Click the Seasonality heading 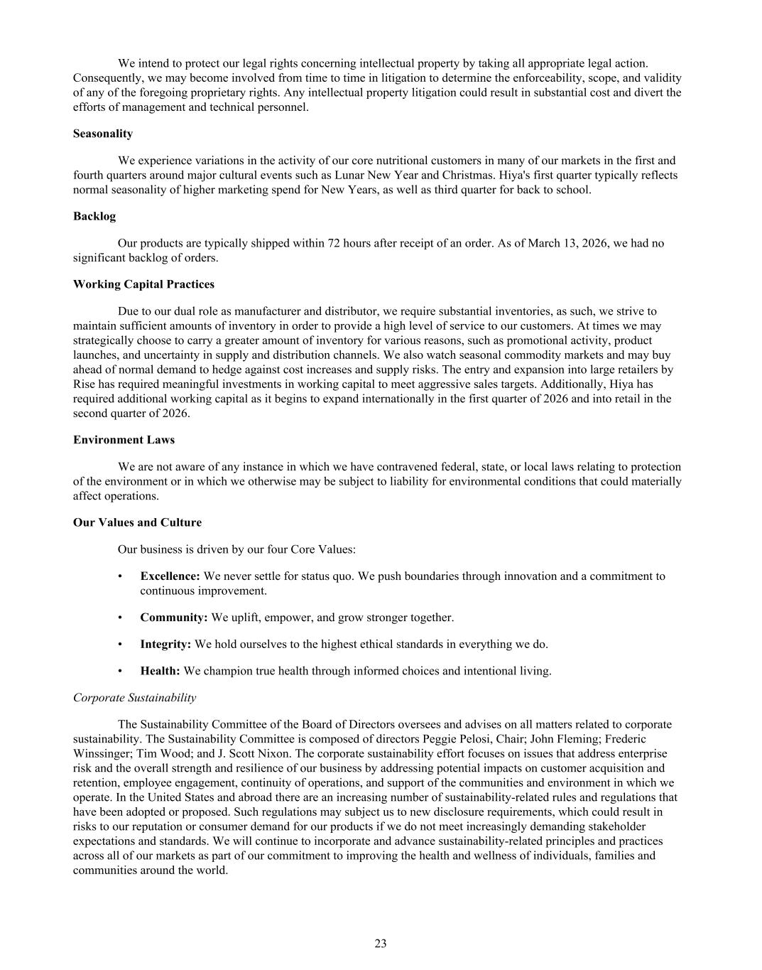tap(102, 134)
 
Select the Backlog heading tap(94, 216)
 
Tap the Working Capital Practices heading tap(143, 284)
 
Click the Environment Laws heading tap(124, 440)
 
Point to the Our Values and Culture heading tap(137, 522)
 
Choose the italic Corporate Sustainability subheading tap(134, 698)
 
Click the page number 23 tap(381, 944)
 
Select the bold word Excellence tap(170, 576)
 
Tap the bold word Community tap(173, 618)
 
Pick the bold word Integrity tap(165, 645)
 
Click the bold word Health tap(160, 671)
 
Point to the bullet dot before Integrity tap(121, 645)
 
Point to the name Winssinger tap(103, 753)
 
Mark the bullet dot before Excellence tap(121, 576)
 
